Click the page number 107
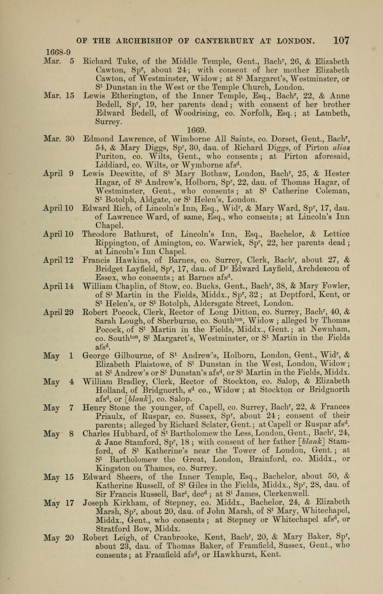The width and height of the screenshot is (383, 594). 341,41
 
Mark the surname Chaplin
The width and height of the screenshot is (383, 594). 131,286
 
